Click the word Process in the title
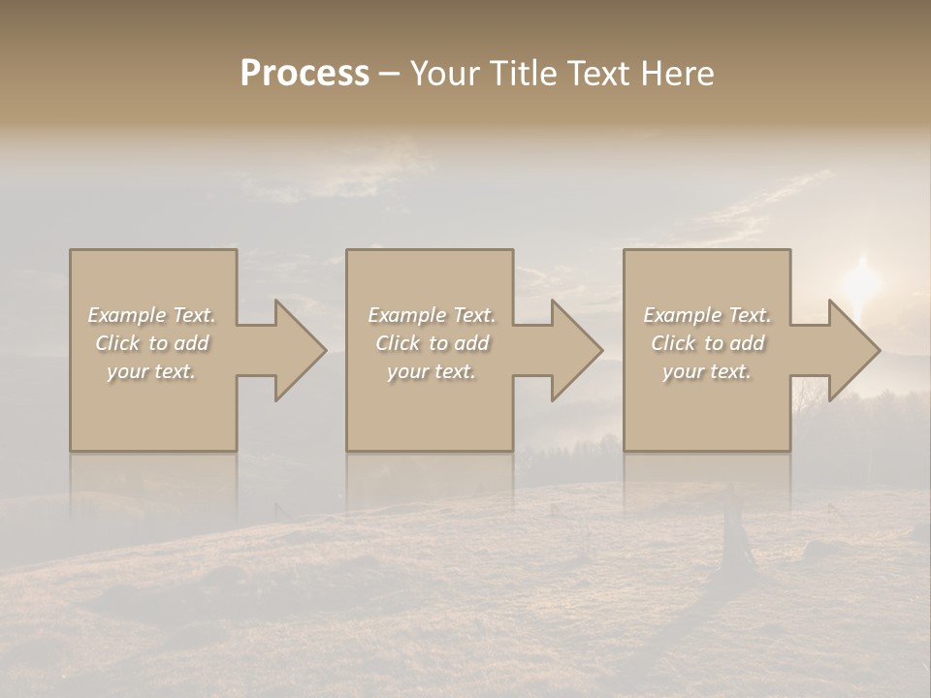[x=305, y=74]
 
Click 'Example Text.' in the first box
[x=152, y=315]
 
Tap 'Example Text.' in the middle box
[x=432, y=315]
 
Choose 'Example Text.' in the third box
[x=707, y=315]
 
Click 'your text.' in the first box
[x=152, y=371]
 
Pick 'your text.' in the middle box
[x=432, y=371]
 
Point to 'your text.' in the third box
[x=707, y=371]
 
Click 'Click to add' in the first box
[x=152, y=343]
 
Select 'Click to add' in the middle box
[x=432, y=343]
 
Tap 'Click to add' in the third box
[x=707, y=343]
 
